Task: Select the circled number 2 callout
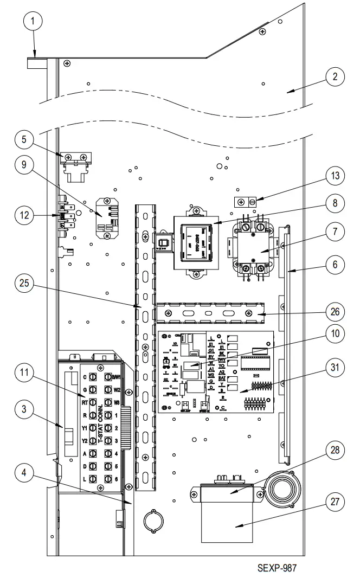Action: [x=335, y=76]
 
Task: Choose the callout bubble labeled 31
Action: [x=335, y=367]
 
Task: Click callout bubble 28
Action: [x=335, y=449]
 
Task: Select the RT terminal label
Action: [x=85, y=402]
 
